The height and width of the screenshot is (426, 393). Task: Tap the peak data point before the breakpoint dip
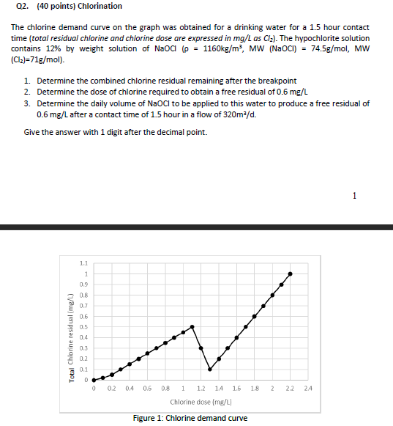tap(192, 326)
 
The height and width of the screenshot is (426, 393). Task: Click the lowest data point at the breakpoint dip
tap(210, 370)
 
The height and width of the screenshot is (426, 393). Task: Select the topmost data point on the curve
tap(291, 273)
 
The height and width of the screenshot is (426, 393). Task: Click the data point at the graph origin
tap(94, 380)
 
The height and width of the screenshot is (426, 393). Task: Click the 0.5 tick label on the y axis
tap(83, 327)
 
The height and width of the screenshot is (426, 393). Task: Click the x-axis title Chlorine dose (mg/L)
tap(200, 403)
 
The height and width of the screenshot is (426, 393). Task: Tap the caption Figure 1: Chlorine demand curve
tap(190, 418)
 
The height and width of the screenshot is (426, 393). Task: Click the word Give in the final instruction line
tap(32, 132)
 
